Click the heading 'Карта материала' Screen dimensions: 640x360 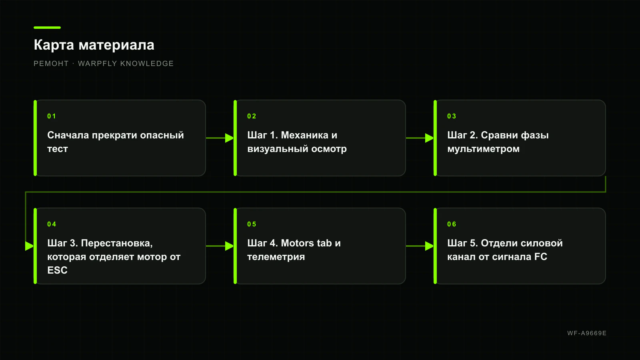coord(94,45)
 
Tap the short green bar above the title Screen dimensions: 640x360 coord(47,28)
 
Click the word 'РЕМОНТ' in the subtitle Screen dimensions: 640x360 coord(51,64)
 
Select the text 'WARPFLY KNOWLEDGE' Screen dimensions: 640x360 coord(126,64)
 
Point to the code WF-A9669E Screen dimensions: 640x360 coord(587,333)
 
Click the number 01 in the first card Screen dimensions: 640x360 coord(52,116)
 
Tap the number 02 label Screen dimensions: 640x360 coord(252,116)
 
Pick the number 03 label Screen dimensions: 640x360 coord(452,116)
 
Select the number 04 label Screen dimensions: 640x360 coord(52,224)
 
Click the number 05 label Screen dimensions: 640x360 coord(252,224)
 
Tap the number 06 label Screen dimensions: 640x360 coord(452,224)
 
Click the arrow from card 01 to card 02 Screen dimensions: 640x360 coord(220,138)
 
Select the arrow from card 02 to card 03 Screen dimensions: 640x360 coord(420,138)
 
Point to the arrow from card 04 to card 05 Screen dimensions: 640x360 coord(220,246)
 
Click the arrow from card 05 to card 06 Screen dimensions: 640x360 coord(420,246)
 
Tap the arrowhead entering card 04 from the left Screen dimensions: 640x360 coord(30,246)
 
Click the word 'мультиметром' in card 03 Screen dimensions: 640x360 coord(484,149)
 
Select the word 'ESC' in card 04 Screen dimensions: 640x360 coord(58,270)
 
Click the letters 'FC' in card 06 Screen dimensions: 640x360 coord(541,256)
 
